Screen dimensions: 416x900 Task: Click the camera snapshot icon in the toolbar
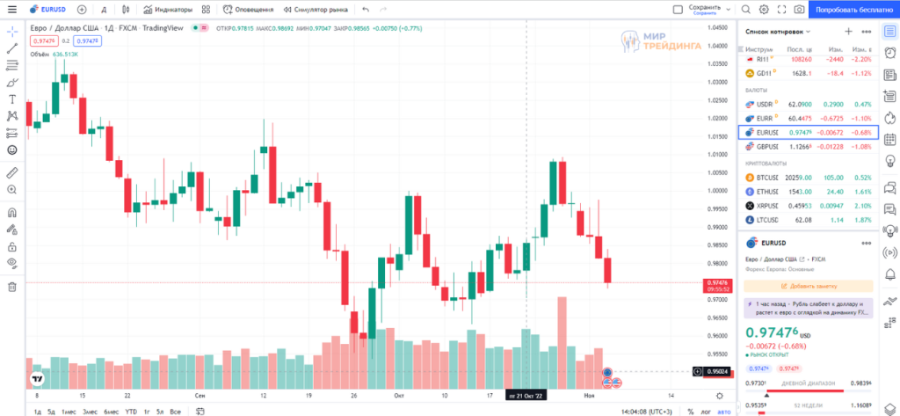tap(798, 10)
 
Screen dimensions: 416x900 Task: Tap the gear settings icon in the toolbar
tap(763, 10)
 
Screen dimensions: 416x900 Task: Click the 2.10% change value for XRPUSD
tap(860, 205)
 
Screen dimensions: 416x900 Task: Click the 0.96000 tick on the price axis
tap(719, 335)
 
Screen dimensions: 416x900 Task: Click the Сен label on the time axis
tap(200, 396)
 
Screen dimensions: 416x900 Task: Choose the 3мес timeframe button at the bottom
tap(90, 412)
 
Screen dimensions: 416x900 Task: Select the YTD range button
tap(131, 412)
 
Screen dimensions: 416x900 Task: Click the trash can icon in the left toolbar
tap(12, 286)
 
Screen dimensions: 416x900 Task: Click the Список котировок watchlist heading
tap(774, 31)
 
